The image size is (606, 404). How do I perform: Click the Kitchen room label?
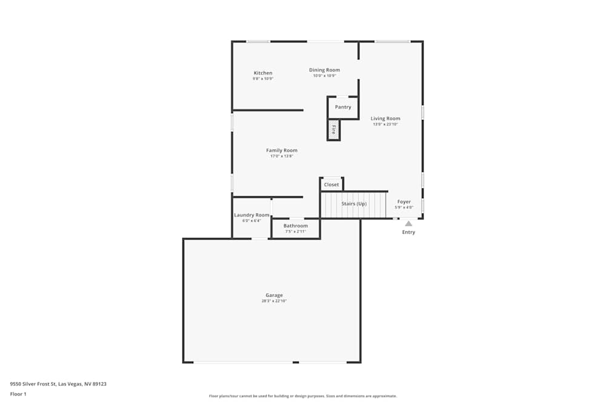coord(263,73)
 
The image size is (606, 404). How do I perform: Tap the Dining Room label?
coord(324,70)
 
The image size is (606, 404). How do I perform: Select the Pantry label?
coord(343,107)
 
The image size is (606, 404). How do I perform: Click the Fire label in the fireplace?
coord(333,129)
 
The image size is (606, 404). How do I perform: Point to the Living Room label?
coord(385,119)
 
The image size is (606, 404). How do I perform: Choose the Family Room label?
coord(282,151)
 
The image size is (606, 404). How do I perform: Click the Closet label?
coord(331,185)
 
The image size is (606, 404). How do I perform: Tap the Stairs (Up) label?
coord(354,204)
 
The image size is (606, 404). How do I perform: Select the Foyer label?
coord(404,202)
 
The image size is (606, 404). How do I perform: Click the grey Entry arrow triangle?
coord(408,224)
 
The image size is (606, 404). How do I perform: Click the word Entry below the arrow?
coord(409,233)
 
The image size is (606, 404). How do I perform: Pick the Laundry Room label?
coord(251,215)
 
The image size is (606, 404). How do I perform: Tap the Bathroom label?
coord(296,226)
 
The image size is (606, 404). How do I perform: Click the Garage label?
coord(274,296)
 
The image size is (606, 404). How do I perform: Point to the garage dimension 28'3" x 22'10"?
coord(274,301)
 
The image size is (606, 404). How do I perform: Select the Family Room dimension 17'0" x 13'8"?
coord(282,156)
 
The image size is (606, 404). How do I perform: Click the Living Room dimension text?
coord(385,124)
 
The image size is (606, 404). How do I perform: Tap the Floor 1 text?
coord(18,394)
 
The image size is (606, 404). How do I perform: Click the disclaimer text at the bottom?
coord(303,396)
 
